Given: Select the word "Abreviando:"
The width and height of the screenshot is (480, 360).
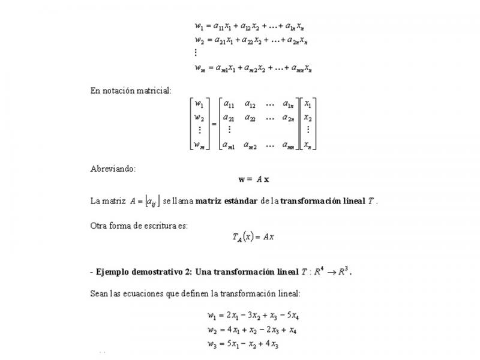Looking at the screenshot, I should [113, 169].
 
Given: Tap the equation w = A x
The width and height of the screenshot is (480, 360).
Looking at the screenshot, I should [254, 179].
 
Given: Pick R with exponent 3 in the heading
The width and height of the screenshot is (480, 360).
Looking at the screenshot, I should [343, 271].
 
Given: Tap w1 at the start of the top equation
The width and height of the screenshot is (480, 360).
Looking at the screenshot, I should [199, 26].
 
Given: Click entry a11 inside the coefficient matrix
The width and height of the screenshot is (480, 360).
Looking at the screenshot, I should [229, 104].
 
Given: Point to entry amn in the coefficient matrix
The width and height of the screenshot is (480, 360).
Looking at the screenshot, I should [287, 145].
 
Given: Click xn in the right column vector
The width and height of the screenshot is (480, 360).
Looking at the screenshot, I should [307, 145].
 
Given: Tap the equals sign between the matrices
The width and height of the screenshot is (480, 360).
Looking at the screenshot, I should [214, 124].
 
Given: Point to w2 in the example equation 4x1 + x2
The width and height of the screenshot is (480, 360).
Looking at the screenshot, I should [211, 331].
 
